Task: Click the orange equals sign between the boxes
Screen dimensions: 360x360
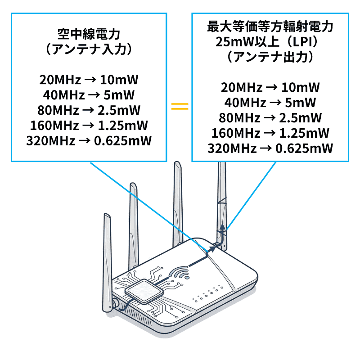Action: click(180, 107)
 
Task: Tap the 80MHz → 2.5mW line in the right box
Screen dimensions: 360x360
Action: click(270, 118)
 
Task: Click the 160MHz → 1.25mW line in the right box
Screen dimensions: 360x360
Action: click(270, 133)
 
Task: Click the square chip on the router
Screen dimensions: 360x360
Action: click(143, 291)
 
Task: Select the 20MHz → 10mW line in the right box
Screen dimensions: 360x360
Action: click(270, 87)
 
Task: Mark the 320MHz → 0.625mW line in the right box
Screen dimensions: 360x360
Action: click(270, 148)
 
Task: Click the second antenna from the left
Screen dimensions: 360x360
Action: click(133, 225)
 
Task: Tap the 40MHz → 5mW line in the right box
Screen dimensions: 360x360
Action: click(270, 103)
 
